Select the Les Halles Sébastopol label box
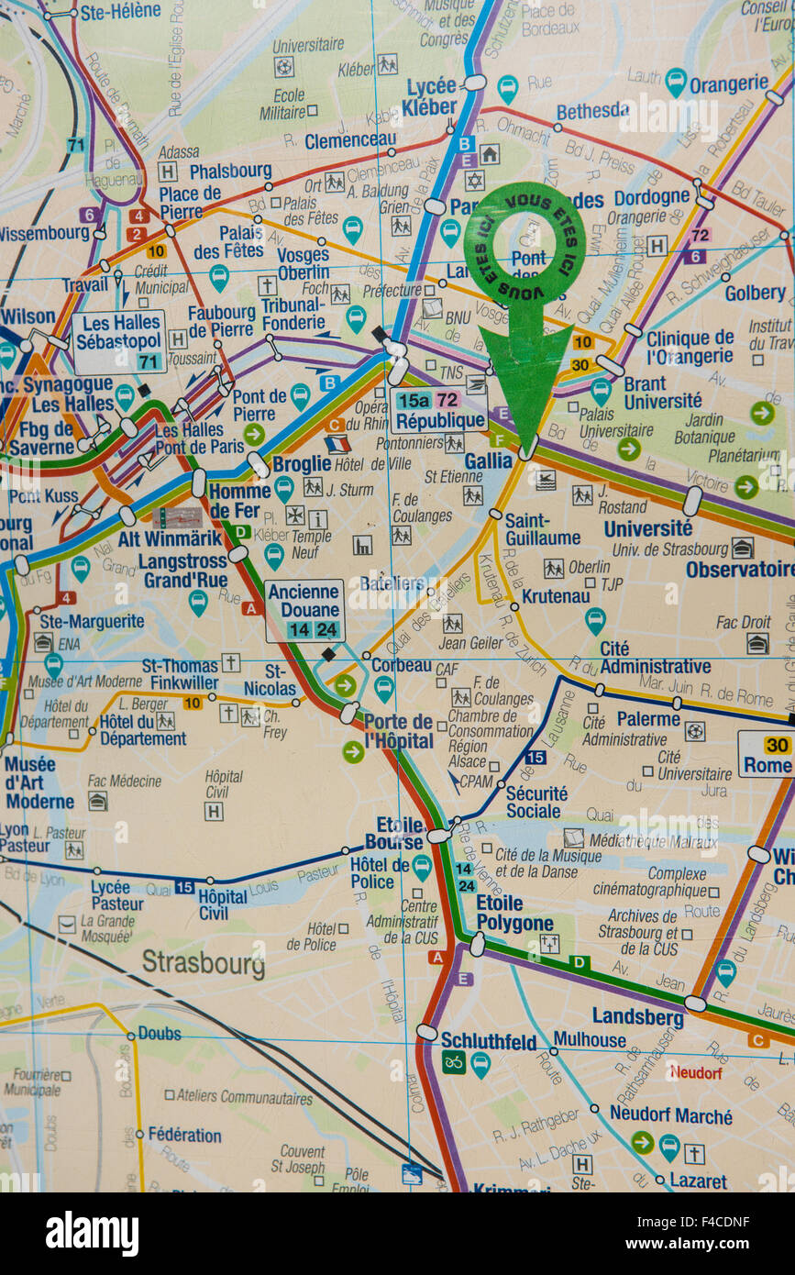click(119, 341)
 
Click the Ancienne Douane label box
click(304, 610)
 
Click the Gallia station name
click(488, 461)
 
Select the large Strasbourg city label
click(203, 963)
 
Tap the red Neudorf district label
click(695, 1071)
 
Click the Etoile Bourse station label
click(394, 833)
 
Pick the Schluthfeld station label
click(488, 1040)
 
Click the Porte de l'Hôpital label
click(398, 730)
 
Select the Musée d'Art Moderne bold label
click(39, 782)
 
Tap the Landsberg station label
click(637, 1016)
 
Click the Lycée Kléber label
click(430, 96)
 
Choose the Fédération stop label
click(184, 1135)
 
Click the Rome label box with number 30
click(766, 754)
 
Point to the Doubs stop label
click(160, 1033)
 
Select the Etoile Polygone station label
click(514, 913)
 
